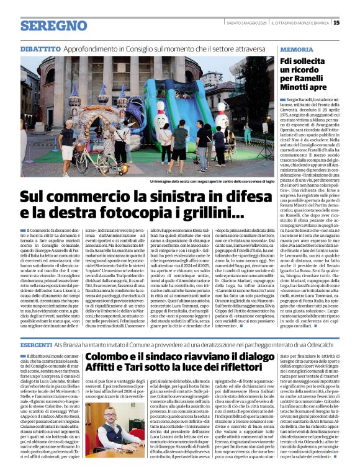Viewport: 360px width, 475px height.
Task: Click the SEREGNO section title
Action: pos(53,26)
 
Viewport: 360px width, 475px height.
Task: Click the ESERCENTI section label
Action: pos(37,344)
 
